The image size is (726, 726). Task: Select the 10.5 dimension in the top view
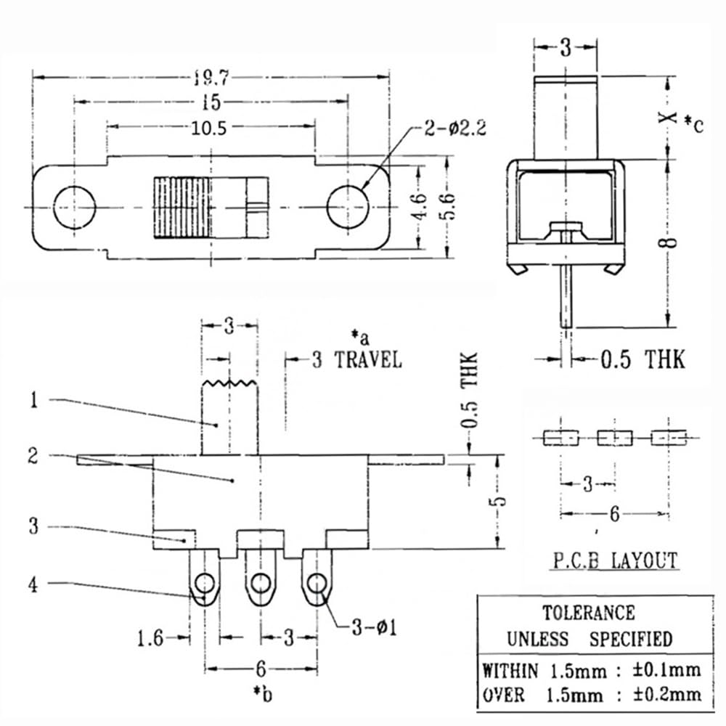tap(210, 128)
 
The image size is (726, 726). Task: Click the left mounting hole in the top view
tap(75, 208)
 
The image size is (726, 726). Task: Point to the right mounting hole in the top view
tap(348, 208)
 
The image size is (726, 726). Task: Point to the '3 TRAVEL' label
tap(356, 360)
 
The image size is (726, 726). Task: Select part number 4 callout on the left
tap(33, 584)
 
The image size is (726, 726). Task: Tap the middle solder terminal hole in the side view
tap(260, 582)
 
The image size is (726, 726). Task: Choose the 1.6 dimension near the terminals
tap(150, 638)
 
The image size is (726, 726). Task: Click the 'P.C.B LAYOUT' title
tap(614, 560)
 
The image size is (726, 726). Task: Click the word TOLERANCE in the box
tap(589, 613)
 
